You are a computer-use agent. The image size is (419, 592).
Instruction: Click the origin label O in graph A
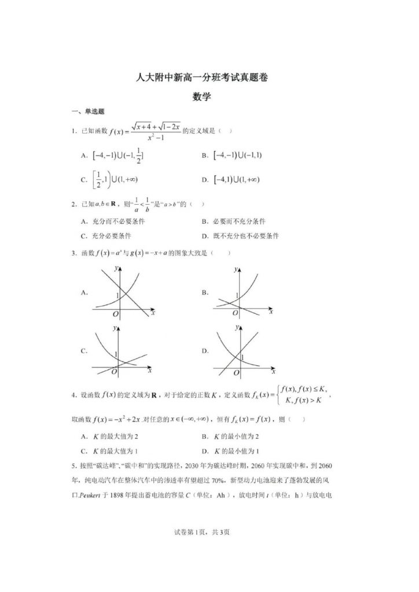(115, 314)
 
